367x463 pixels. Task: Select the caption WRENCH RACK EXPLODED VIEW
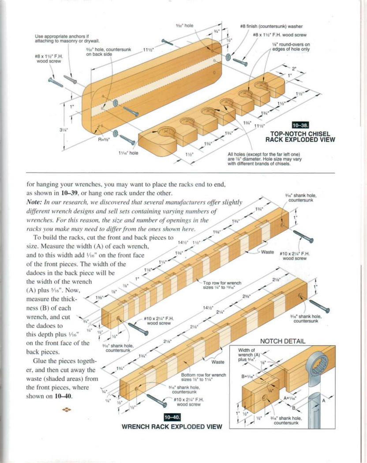(172, 426)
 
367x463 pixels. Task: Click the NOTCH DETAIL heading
(282, 341)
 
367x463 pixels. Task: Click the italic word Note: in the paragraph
(36, 202)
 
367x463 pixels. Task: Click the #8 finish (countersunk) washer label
(271, 26)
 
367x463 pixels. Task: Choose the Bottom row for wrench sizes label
(203, 377)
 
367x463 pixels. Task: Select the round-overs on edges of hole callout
(291, 47)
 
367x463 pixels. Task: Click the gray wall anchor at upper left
(70, 79)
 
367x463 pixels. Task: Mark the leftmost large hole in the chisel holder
(167, 131)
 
